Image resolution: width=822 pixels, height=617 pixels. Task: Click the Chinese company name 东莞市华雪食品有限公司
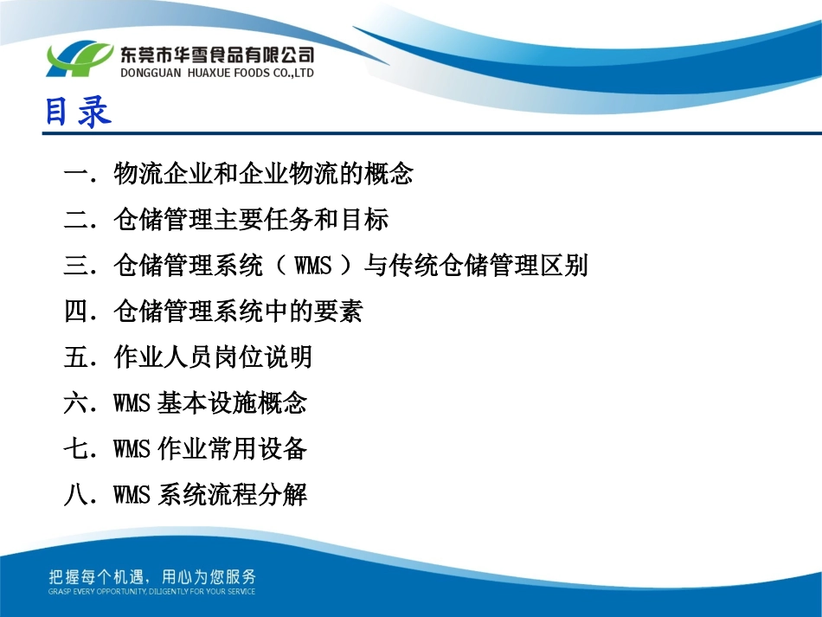216,55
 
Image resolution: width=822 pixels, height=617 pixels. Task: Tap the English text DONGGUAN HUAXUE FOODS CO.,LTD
216,74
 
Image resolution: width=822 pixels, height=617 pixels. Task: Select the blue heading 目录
78,112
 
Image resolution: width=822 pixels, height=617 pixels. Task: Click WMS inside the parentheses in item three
313,266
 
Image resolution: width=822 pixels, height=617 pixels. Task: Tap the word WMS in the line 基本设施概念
132,403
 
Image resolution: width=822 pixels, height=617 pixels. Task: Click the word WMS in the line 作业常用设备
132,449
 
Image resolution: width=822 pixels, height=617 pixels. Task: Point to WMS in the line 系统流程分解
132,496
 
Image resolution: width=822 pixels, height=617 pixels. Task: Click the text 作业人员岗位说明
212,357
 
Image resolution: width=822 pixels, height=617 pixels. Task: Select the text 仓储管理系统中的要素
238,312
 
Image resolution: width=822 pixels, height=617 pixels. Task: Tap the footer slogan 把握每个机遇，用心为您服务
151,577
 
